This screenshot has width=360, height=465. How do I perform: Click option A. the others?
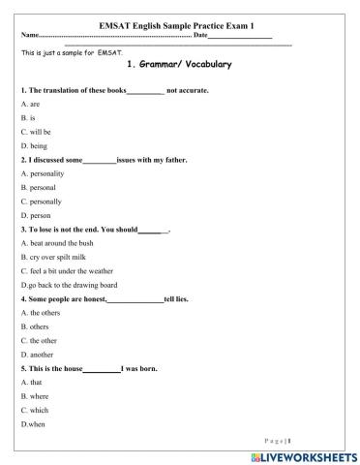pyautogui.click(x=40, y=313)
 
